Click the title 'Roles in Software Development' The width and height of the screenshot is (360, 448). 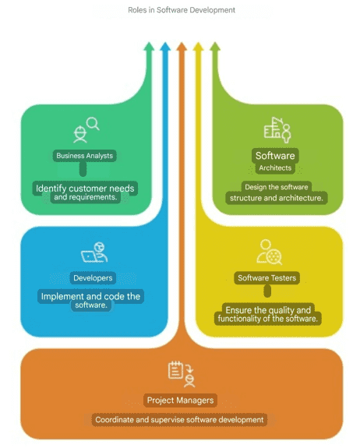[182, 10]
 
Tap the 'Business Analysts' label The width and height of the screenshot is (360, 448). [85, 156]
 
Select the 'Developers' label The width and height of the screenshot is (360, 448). [93, 278]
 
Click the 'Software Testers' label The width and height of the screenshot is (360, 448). [266, 278]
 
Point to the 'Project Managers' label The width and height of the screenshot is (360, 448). [180, 400]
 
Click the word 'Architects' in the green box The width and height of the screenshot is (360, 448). [275, 168]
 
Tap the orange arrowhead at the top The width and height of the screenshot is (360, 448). [181, 47]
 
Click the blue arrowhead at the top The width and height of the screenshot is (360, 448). [165, 47]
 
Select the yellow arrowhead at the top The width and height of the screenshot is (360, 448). [198, 47]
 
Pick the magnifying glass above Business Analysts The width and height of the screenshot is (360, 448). [93, 124]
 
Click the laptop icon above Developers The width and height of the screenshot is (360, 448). [89, 256]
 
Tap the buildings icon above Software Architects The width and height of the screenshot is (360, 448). [273, 128]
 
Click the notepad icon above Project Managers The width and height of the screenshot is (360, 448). [175, 370]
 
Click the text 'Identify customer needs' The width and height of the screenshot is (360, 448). [85, 189]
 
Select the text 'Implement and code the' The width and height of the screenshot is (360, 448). [90, 296]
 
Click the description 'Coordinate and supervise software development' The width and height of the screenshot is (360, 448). [179, 420]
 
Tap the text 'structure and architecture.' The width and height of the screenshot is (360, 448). [277, 198]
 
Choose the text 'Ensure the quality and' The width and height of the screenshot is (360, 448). [268, 310]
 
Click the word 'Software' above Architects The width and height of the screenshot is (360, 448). [275, 156]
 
